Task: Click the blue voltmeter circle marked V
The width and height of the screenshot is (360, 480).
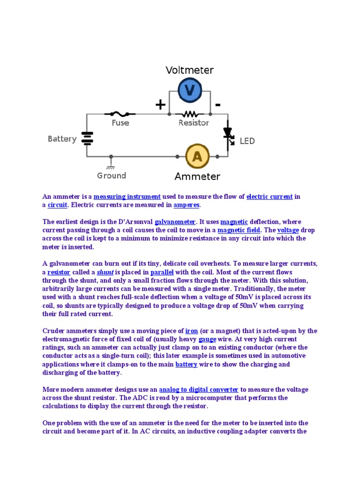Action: tap(190, 90)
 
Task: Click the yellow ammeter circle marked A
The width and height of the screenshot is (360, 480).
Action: tap(197, 156)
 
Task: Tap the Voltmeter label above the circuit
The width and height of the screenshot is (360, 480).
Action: tap(189, 70)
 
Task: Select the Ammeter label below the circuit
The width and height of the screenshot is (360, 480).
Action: tap(197, 177)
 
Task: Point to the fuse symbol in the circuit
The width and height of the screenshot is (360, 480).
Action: tap(120, 114)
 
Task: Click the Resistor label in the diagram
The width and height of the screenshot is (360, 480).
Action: tap(194, 123)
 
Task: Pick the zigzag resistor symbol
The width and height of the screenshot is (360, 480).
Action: tap(190, 114)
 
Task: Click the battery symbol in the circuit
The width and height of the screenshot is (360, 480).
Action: tap(87, 138)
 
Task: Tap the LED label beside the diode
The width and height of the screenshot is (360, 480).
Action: tap(247, 141)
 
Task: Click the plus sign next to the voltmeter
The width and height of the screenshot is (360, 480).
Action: tap(160, 105)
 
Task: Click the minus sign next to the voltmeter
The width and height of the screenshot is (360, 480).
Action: tap(218, 105)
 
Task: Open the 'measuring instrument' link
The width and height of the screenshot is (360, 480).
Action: tap(127, 196)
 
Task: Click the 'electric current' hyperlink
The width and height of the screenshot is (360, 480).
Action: tap(270, 196)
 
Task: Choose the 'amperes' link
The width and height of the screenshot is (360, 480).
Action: tap(187, 205)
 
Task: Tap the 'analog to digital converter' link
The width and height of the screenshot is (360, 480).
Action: tap(199, 390)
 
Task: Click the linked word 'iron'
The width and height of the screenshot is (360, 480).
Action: tap(192, 331)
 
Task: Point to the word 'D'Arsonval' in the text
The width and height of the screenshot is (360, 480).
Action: tap(134, 222)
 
